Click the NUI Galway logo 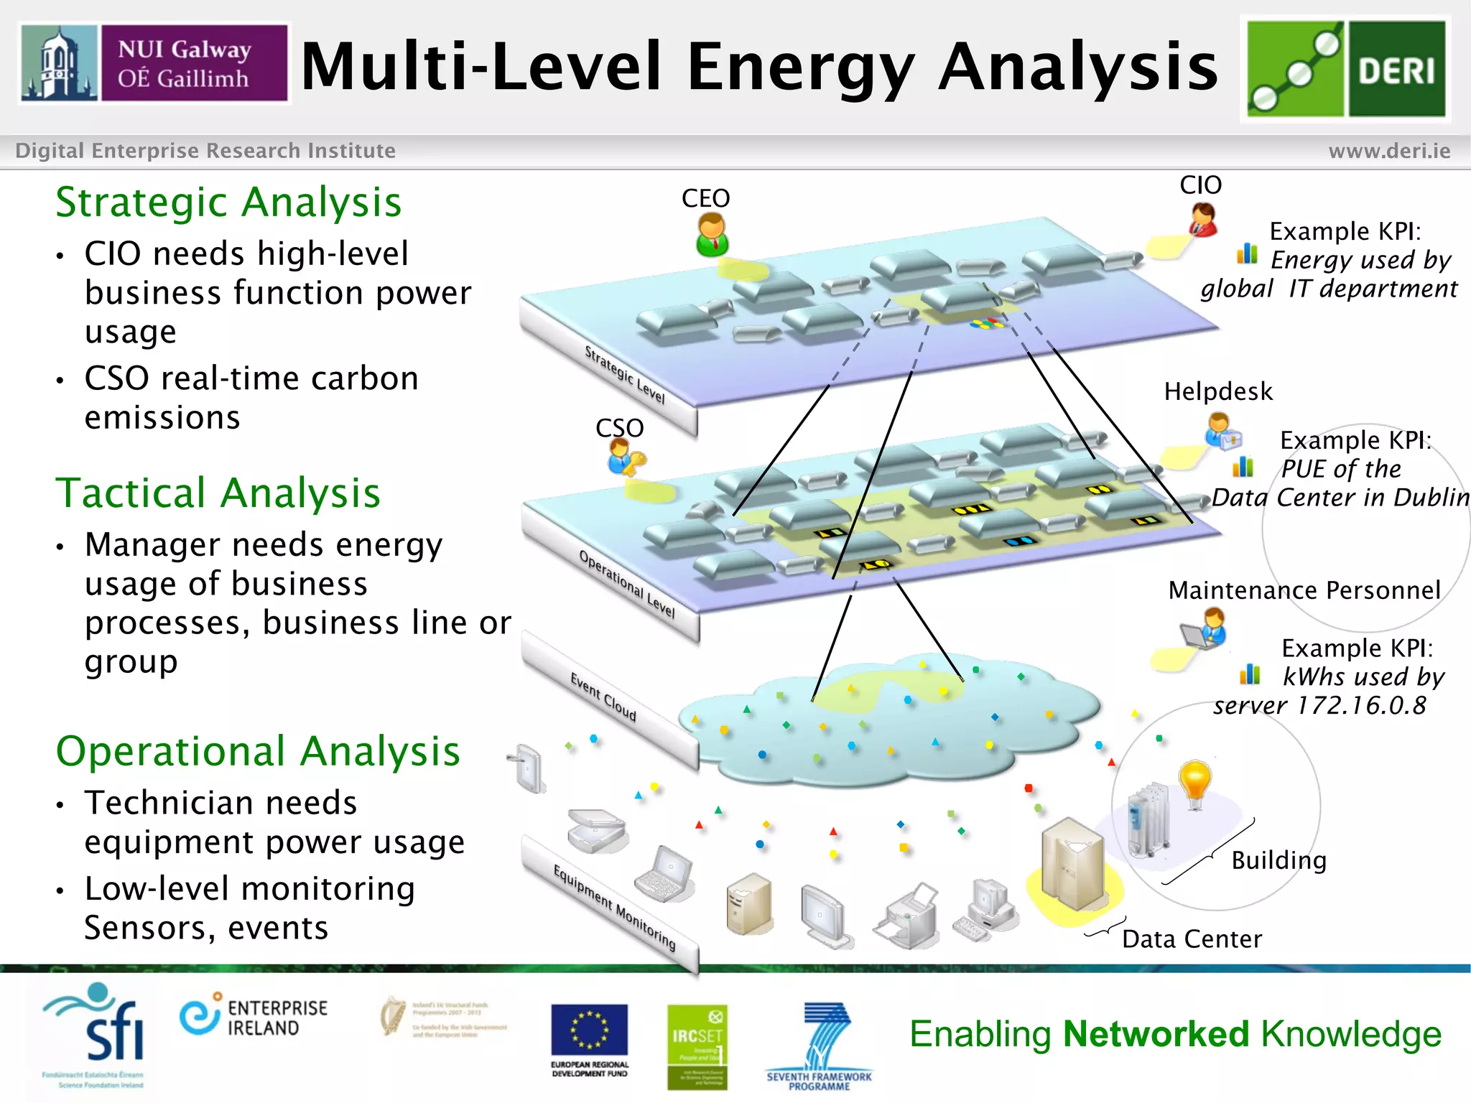pyautogui.click(x=154, y=63)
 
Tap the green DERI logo pyautogui.click(x=1345, y=69)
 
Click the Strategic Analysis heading pyautogui.click(x=228, y=203)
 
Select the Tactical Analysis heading pyautogui.click(x=218, y=493)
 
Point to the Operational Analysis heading pyautogui.click(x=258, y=752)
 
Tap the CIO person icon pyautogui.click(x=1203, y=219)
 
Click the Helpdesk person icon pyautogui.click(x=1221, y=432)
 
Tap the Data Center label pyautogui.click(x=1192, y=939)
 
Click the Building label pyautogui.click(x=1279, y=860)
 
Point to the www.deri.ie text pyautogui.click(x=1389, y=151)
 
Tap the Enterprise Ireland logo pyautogui.click(x=253, y=1018)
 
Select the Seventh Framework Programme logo pyautogui.click(x=820, y=1046)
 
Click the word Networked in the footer pyautogui.click(x=1156, y=1035)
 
